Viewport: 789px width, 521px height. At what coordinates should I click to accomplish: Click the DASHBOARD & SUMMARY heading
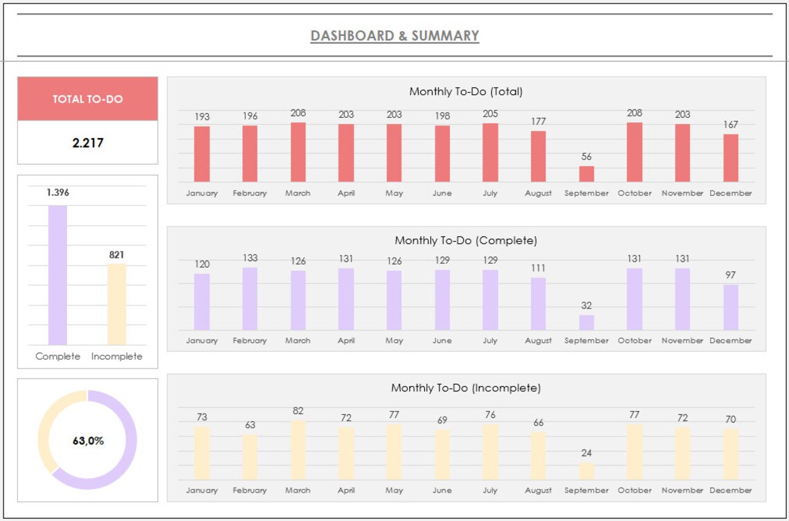coord(394,36)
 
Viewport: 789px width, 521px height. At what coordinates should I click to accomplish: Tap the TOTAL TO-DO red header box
coord(87,99)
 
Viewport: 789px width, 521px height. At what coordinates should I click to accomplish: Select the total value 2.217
coord(87,143)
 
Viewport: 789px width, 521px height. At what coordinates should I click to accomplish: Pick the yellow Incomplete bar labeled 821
coord(116,304)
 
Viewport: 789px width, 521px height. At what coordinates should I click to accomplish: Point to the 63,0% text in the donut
coord(88,441)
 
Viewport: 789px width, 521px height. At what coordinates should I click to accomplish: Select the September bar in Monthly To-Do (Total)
coord(586,174)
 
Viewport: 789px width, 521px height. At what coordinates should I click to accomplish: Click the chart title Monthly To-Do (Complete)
coord(466,241)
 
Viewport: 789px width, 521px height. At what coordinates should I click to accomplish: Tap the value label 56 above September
coord(586,157)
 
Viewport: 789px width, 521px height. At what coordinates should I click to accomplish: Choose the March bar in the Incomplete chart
coord(298,450)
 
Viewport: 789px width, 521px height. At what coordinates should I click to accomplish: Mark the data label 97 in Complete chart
coord(730,275)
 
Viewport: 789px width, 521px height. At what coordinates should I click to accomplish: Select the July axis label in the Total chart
coord(490,193)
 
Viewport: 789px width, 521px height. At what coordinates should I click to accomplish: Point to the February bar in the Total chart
coord(250,154)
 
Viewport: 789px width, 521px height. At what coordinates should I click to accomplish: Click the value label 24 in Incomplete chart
coord(586,453)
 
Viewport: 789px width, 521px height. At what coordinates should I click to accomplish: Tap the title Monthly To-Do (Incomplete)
coord(466,388)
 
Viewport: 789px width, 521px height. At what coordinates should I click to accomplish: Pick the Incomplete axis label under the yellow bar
coord(116,357)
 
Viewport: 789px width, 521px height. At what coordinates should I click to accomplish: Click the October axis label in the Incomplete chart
coord(635,491)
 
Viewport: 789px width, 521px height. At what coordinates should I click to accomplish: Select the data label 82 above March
coord(298,411)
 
